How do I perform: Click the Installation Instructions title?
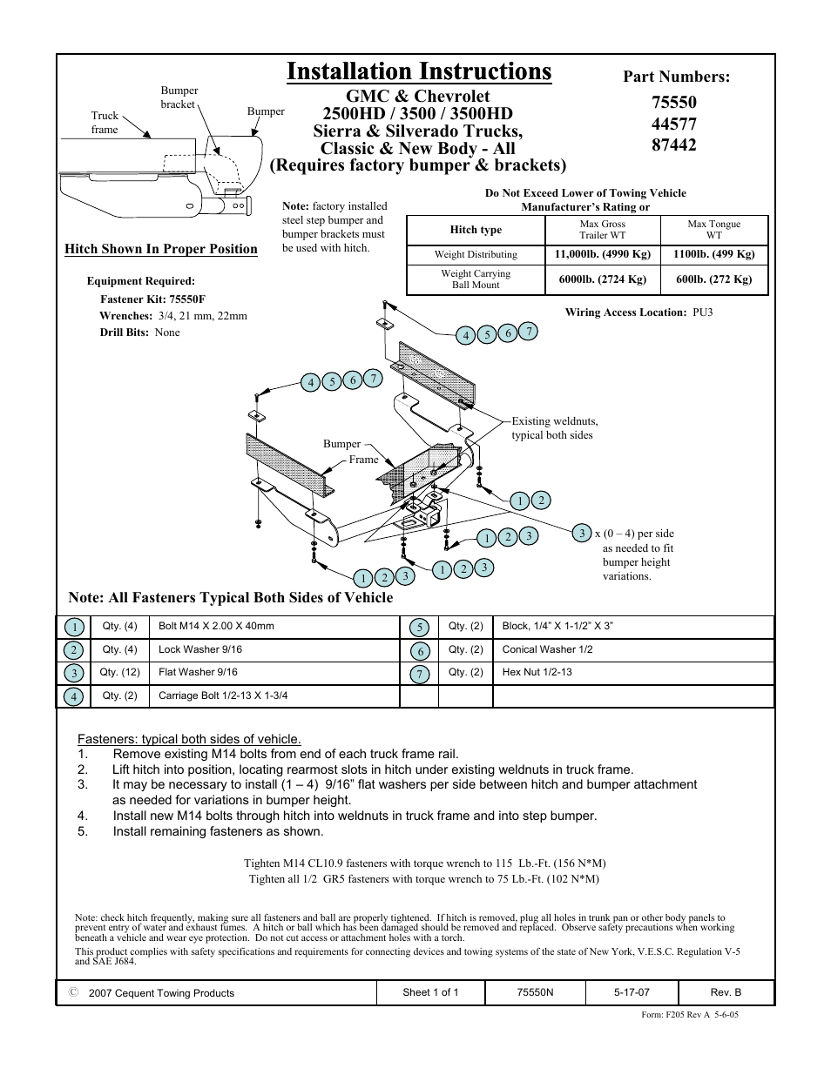(x=418, y=71)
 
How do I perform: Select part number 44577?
(x=673, y=124)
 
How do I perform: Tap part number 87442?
(x=673, y=145)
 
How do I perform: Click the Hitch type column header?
(x=476, y=230)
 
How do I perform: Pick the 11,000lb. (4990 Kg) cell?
(x=602, y=255)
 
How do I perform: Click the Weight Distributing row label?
(x=476, y=255)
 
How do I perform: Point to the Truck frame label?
(x=105, y=122)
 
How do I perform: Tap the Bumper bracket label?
(x=179, y=97)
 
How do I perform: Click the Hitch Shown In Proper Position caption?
(x=161, y=249)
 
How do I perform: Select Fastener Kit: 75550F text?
(x=152, y=299)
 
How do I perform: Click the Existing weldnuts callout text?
(x=554, y=427)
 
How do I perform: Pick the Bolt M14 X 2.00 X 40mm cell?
(x=216, y=626)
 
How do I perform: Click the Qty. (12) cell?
(x=119, y=672)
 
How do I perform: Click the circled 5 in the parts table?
(x=420, y=628)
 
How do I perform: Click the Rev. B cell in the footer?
(x=726, y=992)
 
